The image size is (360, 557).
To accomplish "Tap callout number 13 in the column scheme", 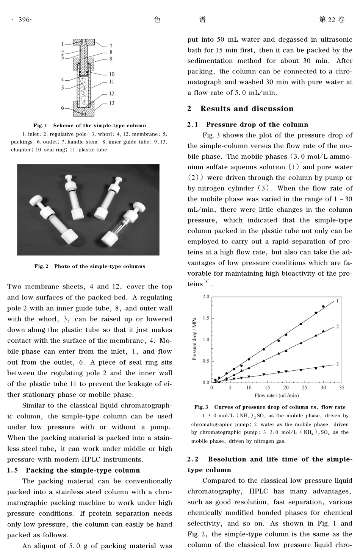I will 111,103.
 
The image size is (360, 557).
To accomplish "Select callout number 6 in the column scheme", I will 63,108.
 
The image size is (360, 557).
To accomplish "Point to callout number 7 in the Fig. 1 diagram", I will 111,46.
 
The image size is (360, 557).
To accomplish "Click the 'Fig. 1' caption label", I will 40,126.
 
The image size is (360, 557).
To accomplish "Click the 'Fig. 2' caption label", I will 41,266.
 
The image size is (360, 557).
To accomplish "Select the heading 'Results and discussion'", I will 247,109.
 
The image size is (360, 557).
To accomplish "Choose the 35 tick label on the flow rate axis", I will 341,388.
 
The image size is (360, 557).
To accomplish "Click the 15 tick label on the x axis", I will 267,388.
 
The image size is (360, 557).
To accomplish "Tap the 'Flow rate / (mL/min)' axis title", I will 277,395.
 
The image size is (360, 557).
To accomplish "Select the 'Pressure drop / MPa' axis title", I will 194,339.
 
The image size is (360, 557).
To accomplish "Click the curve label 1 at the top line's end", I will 337,301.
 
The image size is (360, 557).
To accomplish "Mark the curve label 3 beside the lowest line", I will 337,364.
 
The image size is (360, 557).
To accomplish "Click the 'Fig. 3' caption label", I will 201,407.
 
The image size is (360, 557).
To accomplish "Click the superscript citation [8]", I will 207,281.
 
